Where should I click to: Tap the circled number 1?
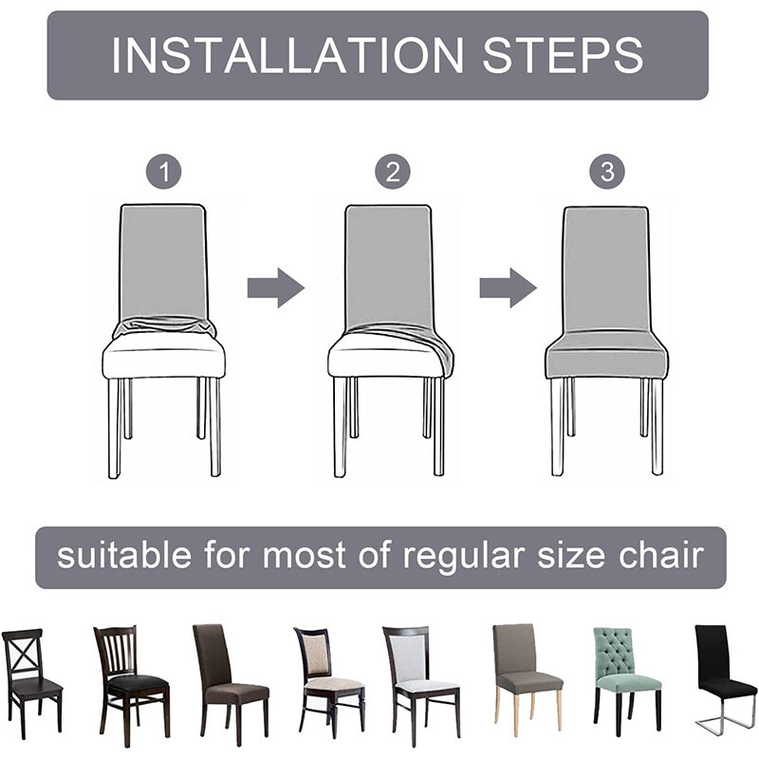[x=163, y=173]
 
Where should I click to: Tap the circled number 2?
[x=391, y=173]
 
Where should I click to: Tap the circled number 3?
[x=607, y=173]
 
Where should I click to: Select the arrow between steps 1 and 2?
[x=275, y=287]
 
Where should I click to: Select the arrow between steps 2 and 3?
[x=507, y=287]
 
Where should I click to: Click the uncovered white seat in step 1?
[x=163, y=360]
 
